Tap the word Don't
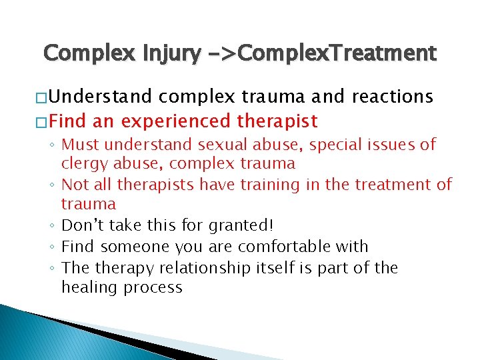pyautogui.click(x=82, y=225)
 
